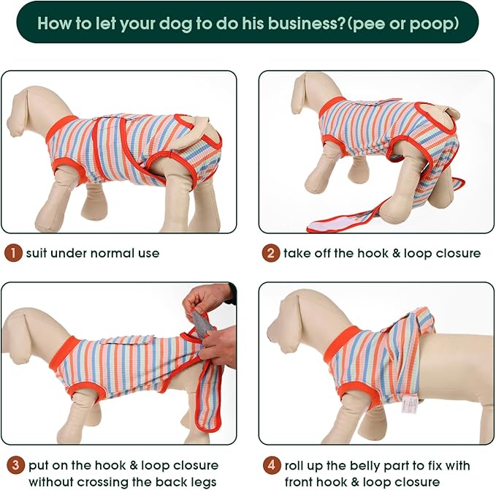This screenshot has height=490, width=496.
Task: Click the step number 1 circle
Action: (x=12, y=254)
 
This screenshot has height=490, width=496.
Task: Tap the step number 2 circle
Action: (x=271, y=254)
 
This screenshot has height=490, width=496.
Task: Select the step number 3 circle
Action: (x=12, y=465)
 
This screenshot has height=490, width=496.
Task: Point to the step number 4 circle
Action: (x=271, y=465)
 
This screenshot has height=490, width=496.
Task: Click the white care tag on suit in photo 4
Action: (x=408, y=403)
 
